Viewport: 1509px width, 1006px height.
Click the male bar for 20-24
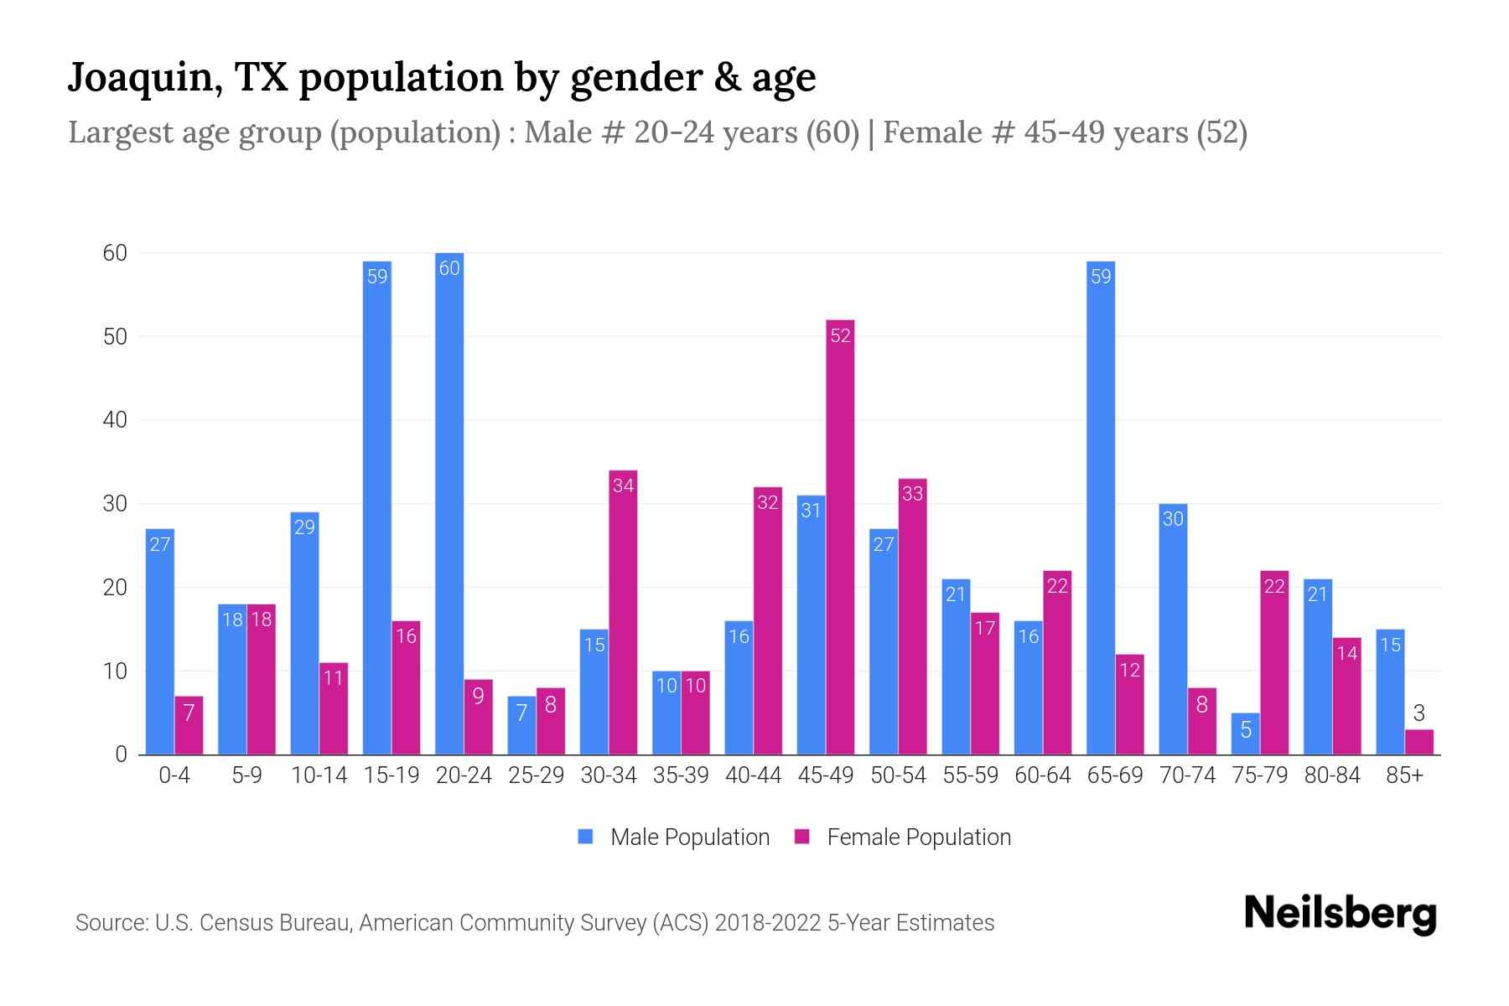click(449, 503)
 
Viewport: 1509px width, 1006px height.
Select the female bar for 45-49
click(840, 537)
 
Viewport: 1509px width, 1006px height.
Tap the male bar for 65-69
click(1101, 507)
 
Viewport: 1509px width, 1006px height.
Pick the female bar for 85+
click(1418, 742)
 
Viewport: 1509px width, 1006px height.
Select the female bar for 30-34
click(623, 612)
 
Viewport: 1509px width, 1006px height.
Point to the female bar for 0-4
click(189, 725)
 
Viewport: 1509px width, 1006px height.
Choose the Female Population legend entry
click(903, 837)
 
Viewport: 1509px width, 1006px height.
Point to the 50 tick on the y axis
click(115, 336)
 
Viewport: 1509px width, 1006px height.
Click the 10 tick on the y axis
click(115, 672)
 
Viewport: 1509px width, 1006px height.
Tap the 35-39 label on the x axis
click(681, 775)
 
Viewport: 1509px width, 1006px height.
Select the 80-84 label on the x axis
click(1332, 775)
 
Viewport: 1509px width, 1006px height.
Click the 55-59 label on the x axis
click(970, 775)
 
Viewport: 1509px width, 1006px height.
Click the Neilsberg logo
click(1340, 914)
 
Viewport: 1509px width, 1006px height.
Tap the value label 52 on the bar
click(840, 335)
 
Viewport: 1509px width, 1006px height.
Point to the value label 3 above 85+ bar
click(1418, 713)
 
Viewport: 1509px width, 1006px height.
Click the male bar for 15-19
click(377, 507)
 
